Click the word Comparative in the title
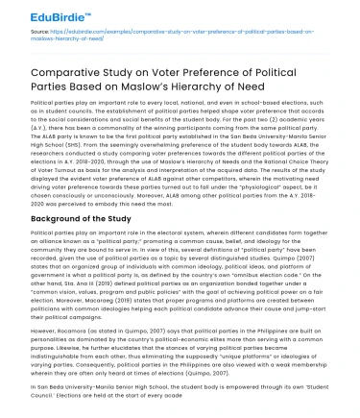point(70,74)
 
